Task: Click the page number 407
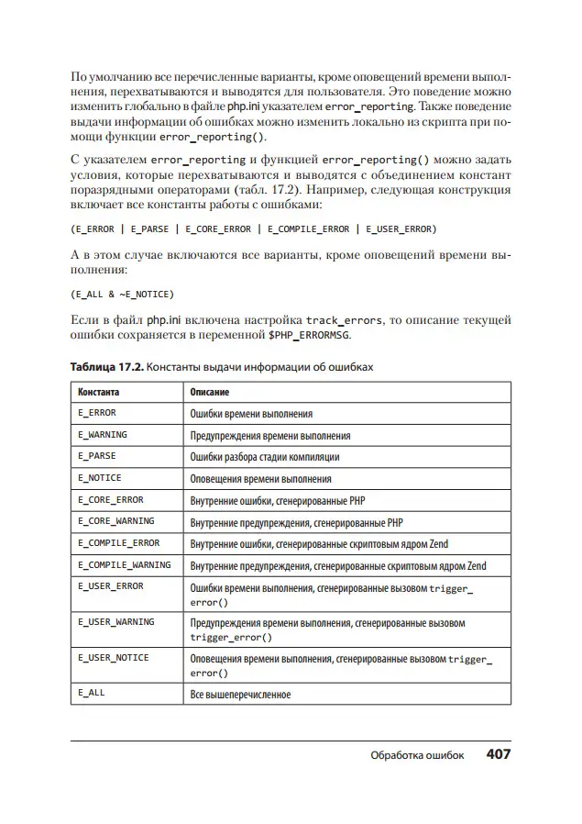pos(498,754)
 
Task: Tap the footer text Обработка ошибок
pos(417,755)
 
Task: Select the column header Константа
pos(98,392)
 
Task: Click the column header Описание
pos(209,392)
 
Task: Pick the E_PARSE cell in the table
pos(97,455)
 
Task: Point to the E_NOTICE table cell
pos(99,477)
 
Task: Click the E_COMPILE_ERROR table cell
pos(118,543)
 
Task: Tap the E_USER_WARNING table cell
pos(115,622)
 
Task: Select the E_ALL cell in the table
pos(92,693)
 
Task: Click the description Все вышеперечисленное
pos(240,695)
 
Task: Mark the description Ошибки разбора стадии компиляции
pos(265,456)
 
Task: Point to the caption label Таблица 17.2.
pos(105,367)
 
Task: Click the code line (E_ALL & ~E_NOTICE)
pos(122,295)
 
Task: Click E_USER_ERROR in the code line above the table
pos(399,228)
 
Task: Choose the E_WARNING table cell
pos(103,434)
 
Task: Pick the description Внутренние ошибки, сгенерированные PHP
pos(279,501)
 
